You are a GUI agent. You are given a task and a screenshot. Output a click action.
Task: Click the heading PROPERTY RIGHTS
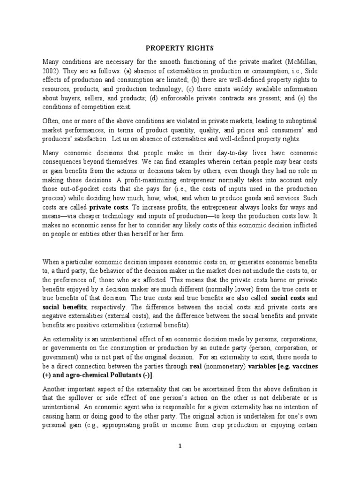pyautogui.click(x=180, y=48)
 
